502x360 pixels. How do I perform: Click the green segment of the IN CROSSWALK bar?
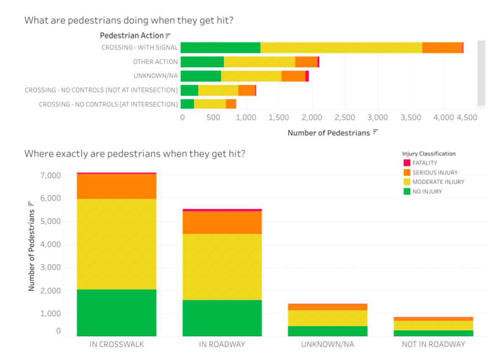coord(116,313)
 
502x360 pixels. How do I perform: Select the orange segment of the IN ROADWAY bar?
coord(222,223)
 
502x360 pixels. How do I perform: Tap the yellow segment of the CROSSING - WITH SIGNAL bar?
coord(341,48)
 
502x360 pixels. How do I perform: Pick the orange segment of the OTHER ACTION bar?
coord(306,62)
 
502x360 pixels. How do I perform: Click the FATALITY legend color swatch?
coord(407,163)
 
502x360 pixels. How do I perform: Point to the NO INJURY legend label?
coord(427,191)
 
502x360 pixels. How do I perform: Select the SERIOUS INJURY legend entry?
coord(430,173)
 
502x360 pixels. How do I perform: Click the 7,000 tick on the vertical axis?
coord(51,176)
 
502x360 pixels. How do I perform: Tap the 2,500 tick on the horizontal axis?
coord(345,118)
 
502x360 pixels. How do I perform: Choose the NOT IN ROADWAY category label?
coord(433,344)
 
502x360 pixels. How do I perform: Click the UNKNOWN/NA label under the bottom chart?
coord(328,344)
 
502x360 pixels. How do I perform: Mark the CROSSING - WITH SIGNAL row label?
coord(140,48)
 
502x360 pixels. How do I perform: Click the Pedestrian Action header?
coord(132,36)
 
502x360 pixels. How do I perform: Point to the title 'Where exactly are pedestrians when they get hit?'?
coord(135,154)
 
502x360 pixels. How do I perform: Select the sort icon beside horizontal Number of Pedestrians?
coord(375,132)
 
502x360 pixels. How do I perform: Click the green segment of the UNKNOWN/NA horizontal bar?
coord(201,76)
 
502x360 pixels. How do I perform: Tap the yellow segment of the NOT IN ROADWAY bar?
coord(433,325)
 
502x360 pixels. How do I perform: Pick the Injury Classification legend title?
coord(429,154)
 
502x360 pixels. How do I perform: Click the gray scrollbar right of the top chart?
coord(481,73)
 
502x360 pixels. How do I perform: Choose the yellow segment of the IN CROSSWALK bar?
coord(116,244)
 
